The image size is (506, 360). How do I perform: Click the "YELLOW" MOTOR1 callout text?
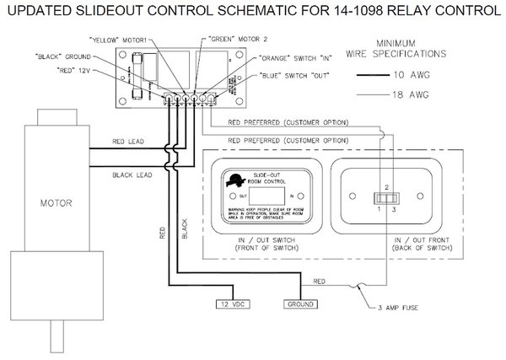(123, 40)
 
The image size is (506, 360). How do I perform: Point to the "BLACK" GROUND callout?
(67, 56)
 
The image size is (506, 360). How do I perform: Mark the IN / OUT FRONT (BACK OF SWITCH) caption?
(390, 243)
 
